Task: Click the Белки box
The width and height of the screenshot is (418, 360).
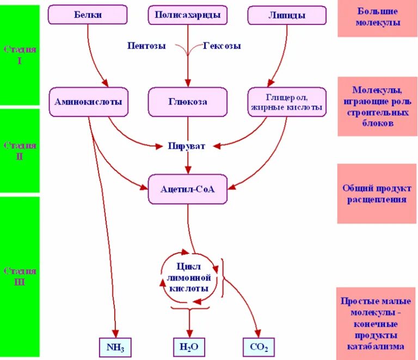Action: tap(88, 15)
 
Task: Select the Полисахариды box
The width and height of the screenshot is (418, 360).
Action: tap(188, 15)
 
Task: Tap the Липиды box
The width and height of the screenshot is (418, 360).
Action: tap(286, 15)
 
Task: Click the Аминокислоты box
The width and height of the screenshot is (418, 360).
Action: tap(88, 102)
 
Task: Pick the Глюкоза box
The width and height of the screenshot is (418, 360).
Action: tap(188, 102)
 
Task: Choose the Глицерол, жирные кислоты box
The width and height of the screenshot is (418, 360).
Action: tap(286, 102)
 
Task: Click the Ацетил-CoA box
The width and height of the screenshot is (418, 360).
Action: tap(188, 189)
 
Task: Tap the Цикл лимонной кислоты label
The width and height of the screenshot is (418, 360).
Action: tap(189, 277)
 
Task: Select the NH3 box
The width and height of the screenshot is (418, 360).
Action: tap(115, 346)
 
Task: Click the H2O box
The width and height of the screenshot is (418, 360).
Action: tap(189, 346)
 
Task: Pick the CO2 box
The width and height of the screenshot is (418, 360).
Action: tap(258, 346)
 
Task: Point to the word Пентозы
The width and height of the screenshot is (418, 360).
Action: tap(147, 45)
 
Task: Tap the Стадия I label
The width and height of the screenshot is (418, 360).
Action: tap(20, 55)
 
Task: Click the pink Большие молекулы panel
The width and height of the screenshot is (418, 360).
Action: tap(377, 18)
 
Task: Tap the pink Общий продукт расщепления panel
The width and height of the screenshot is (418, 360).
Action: tap(377, 193)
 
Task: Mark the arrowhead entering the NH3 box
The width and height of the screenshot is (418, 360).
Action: tap(115, 334)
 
